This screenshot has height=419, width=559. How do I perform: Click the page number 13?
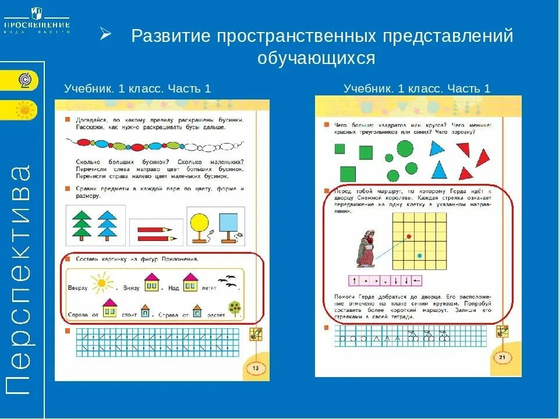click(x=254, y=368)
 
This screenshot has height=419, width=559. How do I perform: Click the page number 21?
click(x=501, y=357)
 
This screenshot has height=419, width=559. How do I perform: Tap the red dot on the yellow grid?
click(x=409, y=236)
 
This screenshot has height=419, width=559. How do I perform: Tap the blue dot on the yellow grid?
click(x=419, y=255)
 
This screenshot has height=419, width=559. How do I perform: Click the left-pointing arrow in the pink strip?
click(x=416, y=281)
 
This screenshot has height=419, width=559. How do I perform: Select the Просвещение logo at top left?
click(x=37, y=21)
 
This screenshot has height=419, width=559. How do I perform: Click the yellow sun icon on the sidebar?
click(x=24, y=109)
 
